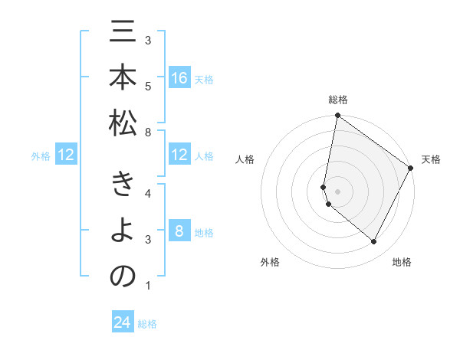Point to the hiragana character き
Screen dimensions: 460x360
coord(123,186)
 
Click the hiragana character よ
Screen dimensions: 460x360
coord(123,232)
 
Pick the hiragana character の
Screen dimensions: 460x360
coord(123,277)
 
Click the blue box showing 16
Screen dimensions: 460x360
coord(179,78)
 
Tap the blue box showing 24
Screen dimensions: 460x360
coord(123,322)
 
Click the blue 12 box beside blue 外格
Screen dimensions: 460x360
coord(66,155)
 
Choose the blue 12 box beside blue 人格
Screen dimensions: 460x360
coord(179,155)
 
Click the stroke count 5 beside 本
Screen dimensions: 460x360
coord(148,86)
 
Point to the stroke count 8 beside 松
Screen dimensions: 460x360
coord(148,133)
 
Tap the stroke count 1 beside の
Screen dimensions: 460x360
coord(148,286)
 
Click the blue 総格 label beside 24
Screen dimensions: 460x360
coord(147,324)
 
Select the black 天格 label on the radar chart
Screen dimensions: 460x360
coord(431,159)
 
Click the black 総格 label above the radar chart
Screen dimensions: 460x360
coord(337,100)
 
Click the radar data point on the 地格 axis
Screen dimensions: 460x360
coord(373,242)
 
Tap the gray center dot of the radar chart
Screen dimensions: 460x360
coord(337,191)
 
